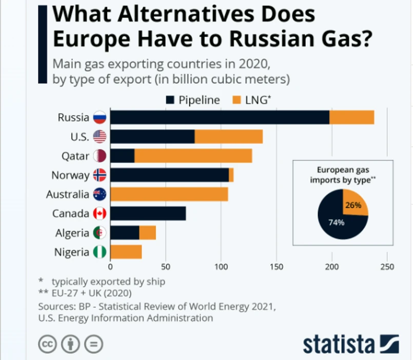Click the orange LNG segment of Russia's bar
[351, 117]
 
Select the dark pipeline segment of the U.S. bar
[152, 136]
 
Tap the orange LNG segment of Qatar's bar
[193, 156]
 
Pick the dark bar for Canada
[148, 213]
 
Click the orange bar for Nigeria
[126, 252]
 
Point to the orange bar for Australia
[169, 194]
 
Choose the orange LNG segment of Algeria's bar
[148, 233]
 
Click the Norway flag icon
[100, 175]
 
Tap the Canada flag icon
[100, 213]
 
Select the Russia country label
[73, 117]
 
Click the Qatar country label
[75, 156]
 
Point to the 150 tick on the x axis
[277, 267]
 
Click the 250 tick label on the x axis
[387, 267]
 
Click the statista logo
[350, 344]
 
